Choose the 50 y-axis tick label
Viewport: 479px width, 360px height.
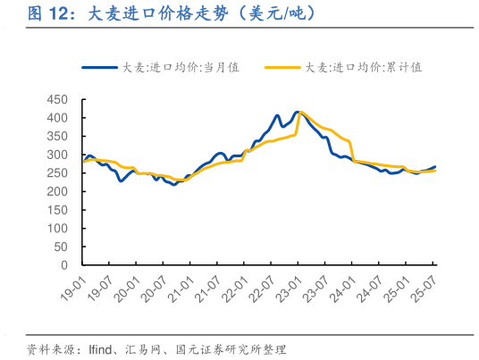pos(62,247)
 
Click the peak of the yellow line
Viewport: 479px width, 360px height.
pos(301,112)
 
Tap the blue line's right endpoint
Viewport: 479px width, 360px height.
pos(435,166)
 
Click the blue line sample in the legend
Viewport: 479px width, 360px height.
pos(99,67)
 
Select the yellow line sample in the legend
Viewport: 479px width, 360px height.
pos(282,67)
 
